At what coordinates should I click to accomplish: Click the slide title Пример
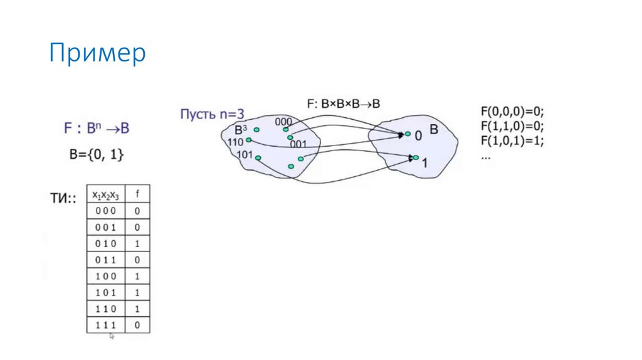(97, 54)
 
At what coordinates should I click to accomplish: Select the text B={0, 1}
(96, 155)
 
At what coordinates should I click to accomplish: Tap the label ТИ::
(63, 199)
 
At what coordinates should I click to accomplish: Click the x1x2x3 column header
(105, 194)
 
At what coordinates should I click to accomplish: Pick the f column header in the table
(138, 194)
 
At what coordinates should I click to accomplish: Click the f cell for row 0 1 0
(138, 243)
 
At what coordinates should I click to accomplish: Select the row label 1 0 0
(105, 276)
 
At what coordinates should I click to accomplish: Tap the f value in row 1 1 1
(138, 326)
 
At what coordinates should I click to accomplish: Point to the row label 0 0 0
(105, 211)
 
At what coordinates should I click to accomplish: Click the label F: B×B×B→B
(345, 104)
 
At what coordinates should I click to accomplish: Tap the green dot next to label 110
(249, 140)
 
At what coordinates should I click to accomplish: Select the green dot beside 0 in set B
(408, 134)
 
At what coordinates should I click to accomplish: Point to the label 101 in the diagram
(245, 154)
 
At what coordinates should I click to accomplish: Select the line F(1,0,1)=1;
(512, 140)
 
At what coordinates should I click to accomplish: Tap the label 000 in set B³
(283, 122)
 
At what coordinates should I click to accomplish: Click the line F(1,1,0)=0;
(512, 127)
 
